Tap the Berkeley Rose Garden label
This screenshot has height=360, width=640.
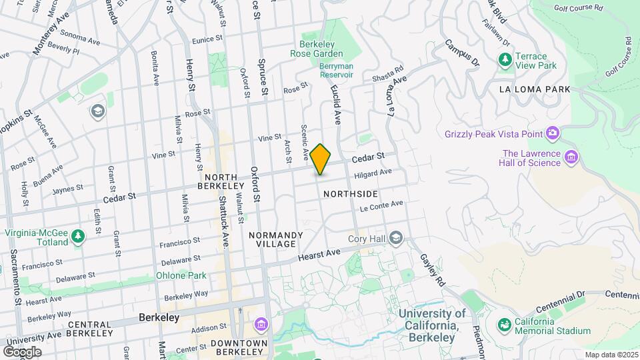coord(317,48)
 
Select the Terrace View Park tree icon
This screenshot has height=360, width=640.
coord(505,61)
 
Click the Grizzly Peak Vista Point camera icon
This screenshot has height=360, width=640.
coord(552,134)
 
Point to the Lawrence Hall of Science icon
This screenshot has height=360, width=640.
coord(571,158)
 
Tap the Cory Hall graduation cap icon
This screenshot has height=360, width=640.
coord(397,238)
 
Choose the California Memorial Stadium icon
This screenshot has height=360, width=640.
coord(505,325)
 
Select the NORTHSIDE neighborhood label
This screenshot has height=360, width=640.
coord(350,194)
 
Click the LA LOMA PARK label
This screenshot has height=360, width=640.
coord(535,89)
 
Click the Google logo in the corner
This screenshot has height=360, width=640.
coord(22,351)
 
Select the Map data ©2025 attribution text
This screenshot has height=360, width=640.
coord(609,355)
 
